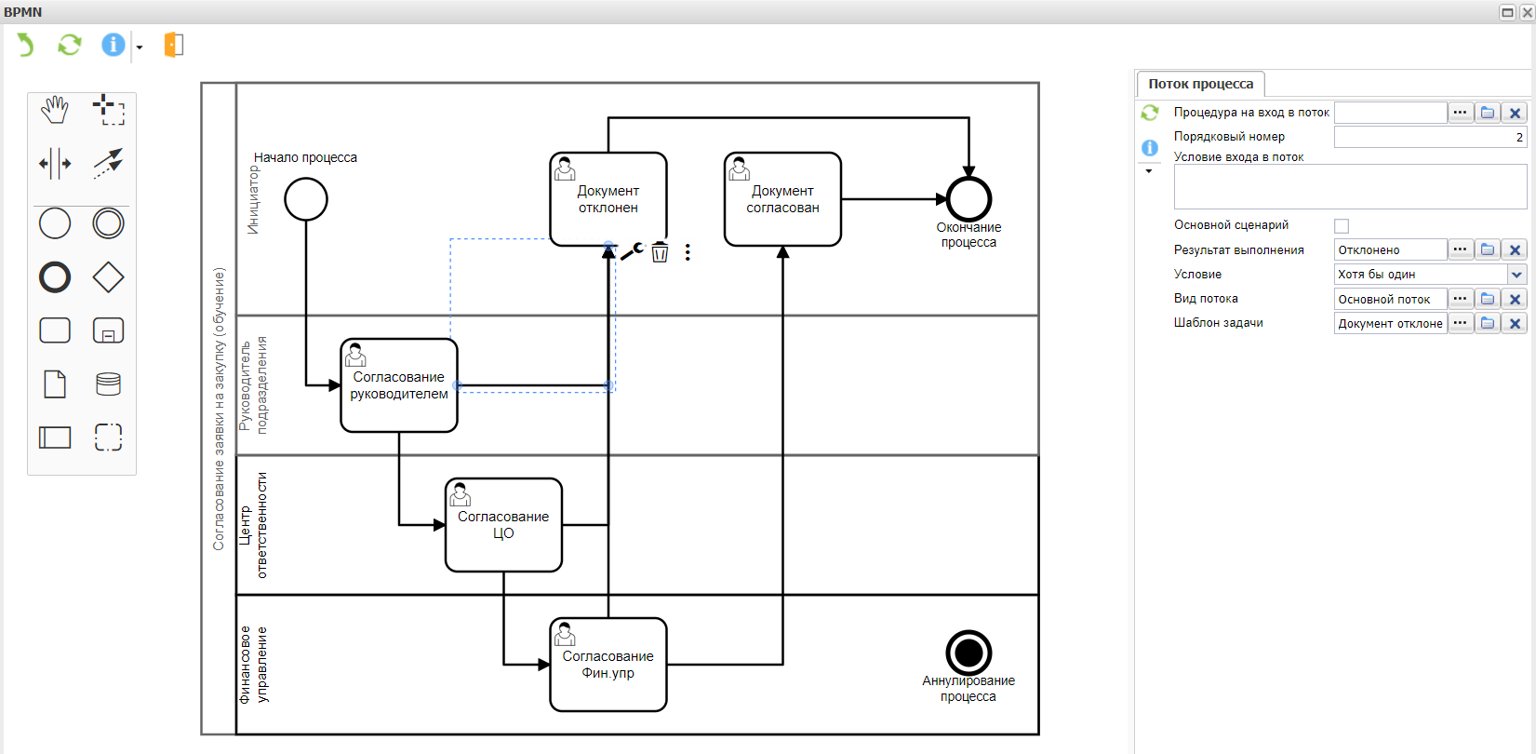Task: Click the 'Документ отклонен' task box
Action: [x=608, y=199]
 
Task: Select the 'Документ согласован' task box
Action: [x=782, y=199]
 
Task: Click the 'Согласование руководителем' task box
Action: [x=399, y=385]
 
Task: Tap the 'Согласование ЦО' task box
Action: [x=503, y=525]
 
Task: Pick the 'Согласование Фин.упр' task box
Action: [x=608, y=665]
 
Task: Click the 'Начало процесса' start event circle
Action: [x=306, y=199]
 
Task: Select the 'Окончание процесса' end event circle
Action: [x=968, y=198]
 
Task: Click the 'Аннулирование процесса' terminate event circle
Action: [x=968, y=653]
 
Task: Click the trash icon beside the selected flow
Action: [x=660, y=252]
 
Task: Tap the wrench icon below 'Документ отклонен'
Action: [x=633, y=251]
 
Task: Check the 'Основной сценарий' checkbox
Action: [x=1342, y=226]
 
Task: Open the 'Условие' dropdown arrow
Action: [x=1516, y=275]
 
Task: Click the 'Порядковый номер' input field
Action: [x=1429, y=137]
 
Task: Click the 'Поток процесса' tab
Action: [x=1200, y=84]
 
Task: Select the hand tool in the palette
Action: [x=55, y=110]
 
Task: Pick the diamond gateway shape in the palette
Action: [x=108, y=277]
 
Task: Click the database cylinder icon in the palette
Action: [x=108, y=384]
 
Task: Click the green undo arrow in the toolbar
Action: [x=25, y=45]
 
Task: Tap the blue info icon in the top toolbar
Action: [x=113, y=45]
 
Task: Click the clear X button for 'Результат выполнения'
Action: [x=1515, y=250]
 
